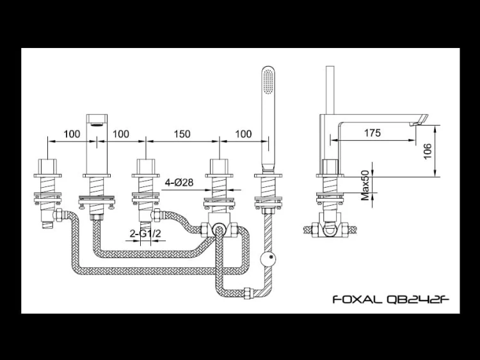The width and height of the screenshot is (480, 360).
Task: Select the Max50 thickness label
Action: [x=365, y=186]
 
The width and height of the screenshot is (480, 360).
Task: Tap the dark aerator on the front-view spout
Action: [x=97, y=120]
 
